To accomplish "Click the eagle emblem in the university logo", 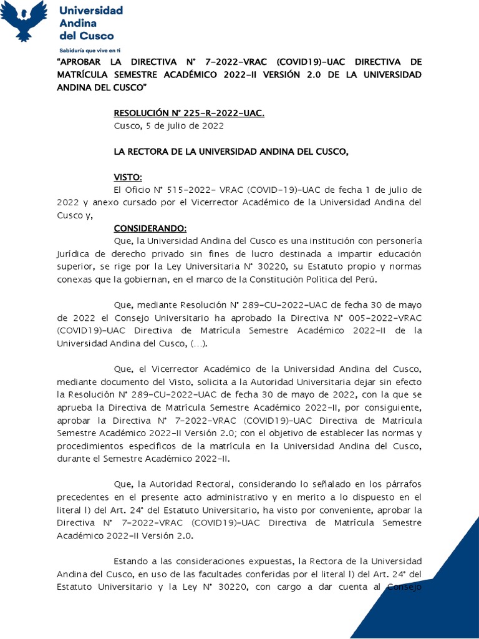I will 24,21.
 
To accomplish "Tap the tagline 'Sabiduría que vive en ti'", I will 89,49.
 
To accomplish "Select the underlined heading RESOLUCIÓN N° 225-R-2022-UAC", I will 189,113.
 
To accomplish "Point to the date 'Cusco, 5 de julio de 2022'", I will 168,125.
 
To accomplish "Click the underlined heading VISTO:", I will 128,177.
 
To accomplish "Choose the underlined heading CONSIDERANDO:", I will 150,228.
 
